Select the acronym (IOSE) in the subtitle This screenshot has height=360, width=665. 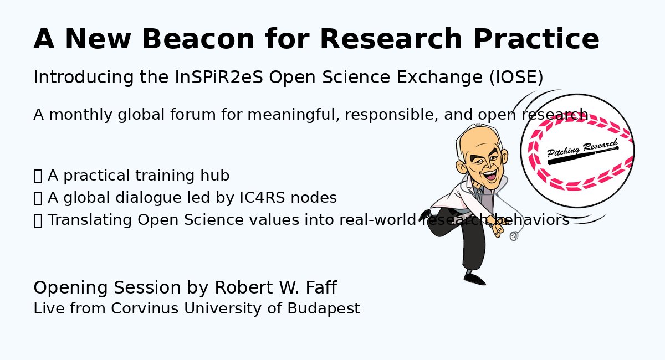pyautogui.click(x=516, y=78)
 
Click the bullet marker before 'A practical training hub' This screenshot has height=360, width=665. pyautogui.click(x=38, y=176)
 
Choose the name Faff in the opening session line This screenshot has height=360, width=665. pyautogui.click(x=320, y=288)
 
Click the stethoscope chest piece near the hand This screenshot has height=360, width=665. pyautogui.click(x=513, y=236)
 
